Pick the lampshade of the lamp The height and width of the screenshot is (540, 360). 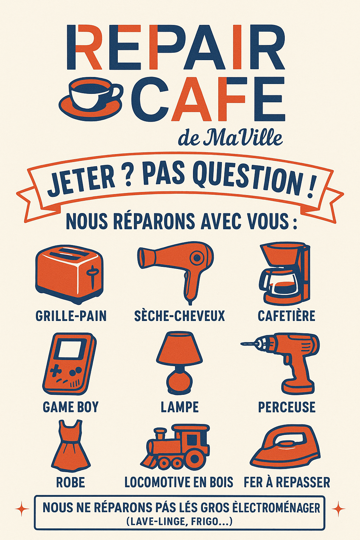179,348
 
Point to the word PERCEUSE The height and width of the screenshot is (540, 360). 287,407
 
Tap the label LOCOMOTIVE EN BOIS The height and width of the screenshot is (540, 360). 179,482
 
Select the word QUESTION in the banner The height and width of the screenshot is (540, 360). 248,179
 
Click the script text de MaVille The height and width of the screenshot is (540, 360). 230,137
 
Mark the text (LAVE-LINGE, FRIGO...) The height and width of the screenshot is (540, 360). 179,522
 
